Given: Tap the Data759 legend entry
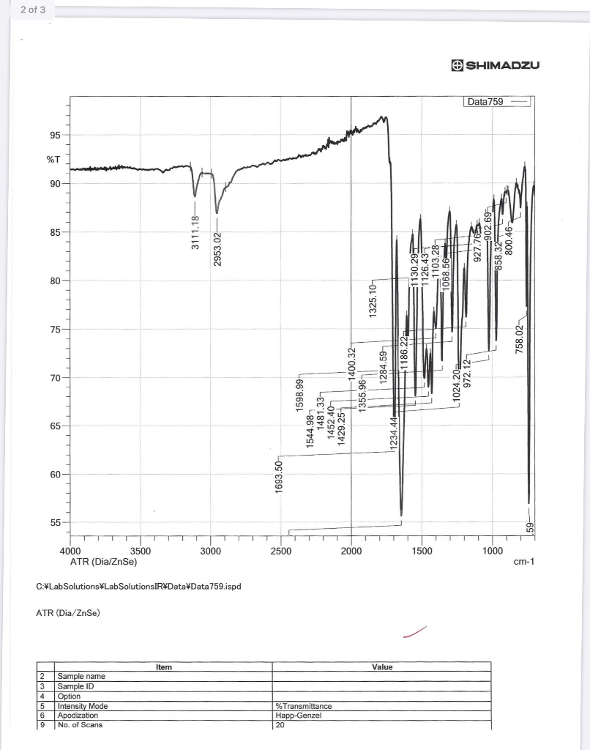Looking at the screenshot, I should [485, 102].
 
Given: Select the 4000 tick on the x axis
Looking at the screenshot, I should [70, 551].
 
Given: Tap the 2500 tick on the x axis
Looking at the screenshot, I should [281, 551].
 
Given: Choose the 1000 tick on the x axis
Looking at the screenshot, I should [493, 551].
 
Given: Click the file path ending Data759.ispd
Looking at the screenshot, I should [138, 587].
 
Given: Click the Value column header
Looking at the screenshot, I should [381, 667].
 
